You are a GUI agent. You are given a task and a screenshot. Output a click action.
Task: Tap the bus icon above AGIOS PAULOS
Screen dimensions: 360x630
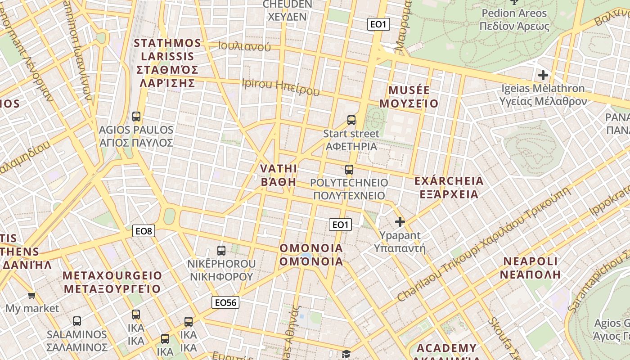tap(136, 117)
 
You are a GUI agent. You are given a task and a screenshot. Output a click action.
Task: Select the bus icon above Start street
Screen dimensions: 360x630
tap(351, 120)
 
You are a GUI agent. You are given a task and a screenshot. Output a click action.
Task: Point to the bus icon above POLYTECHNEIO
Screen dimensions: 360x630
tap(349, 170)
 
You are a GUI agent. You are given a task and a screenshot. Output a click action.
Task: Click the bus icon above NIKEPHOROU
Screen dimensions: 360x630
tap(221, 251)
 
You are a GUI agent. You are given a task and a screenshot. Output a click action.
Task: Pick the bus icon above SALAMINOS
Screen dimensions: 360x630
tap(77, 321)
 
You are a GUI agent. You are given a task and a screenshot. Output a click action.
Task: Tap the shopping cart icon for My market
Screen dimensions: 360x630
tap(31, 296)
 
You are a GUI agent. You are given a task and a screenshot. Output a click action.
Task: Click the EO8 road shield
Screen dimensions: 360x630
tap(144, 231)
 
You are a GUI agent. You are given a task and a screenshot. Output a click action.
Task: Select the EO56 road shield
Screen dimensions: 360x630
tap(225, 302)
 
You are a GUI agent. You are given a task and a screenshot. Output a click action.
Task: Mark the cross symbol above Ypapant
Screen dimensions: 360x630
tap(400, 221)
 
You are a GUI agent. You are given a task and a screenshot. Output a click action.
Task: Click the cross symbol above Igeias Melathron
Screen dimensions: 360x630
tap(543, 75)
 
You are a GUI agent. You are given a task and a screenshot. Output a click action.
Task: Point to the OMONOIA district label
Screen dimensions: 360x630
tap(311, 255)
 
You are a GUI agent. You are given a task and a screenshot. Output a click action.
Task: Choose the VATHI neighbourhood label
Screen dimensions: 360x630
tap(279, 175)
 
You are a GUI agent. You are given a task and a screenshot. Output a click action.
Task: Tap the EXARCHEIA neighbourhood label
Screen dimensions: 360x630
tap(449, 187)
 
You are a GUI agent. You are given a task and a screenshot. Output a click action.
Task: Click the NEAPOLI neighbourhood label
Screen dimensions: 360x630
tap(531, 268)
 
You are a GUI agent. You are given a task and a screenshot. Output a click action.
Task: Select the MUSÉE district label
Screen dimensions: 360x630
tap(409, 97)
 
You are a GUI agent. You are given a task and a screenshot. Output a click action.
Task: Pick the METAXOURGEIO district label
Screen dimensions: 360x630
tap(112, 282)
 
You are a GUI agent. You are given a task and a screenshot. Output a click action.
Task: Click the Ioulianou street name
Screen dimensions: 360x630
tap(244, 46)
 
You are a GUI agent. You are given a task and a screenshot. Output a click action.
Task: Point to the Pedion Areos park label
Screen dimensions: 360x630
tap(514, 19)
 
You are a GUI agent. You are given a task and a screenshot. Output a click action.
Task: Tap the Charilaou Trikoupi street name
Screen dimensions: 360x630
tap(484, 245)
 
